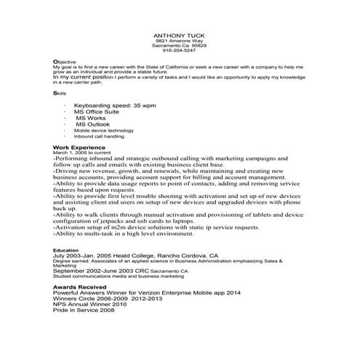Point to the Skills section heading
point(61,94)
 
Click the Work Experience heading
point(77,146)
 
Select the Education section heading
point(66,249)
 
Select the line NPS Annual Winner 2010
point(89,304)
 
